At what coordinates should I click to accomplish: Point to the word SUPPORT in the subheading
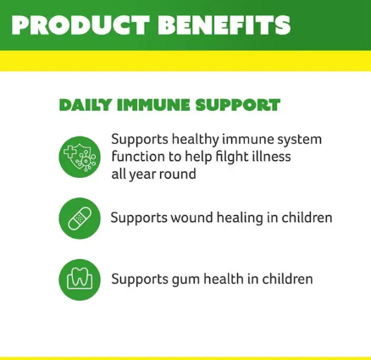pyautogui.click(x=237, y=106)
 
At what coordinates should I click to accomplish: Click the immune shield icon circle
pyautogui.click(x=80, y=157)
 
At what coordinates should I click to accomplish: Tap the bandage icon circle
pyautogui.click(x=80, y=219)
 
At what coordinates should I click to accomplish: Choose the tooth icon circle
pyautogui.click(x=80, y=280)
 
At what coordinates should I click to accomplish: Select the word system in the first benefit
pyautogui.click(x=298, y=139)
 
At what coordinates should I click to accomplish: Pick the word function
pyautogui.click(x=137, y=157)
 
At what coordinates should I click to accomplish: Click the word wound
pyautogui.click(x=193, y=218)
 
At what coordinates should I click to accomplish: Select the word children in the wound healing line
pyautogui.click(x=306, y=218)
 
